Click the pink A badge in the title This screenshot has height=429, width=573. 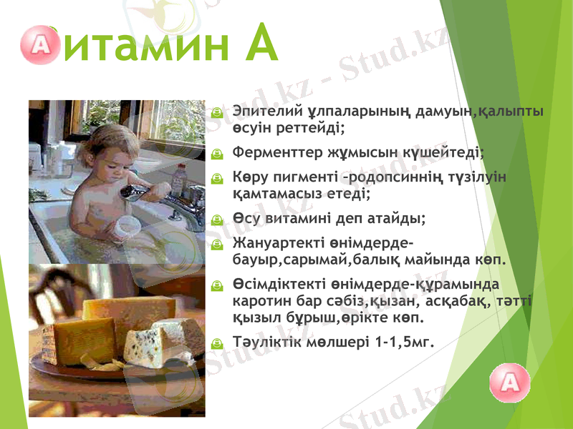point(39,45)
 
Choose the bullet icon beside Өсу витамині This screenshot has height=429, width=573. point(218,217)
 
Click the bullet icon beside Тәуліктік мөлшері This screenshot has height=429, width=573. point(218,342)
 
